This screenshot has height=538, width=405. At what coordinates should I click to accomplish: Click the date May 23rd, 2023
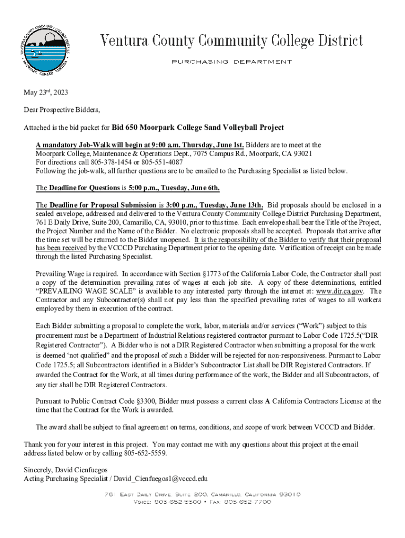tap(46, 93)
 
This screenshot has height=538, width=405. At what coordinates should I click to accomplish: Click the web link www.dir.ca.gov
tap(339, 291)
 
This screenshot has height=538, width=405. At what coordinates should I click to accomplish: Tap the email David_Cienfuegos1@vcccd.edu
tap(163, 479)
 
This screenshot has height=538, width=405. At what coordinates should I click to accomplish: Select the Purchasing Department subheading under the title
tap(231, 62)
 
